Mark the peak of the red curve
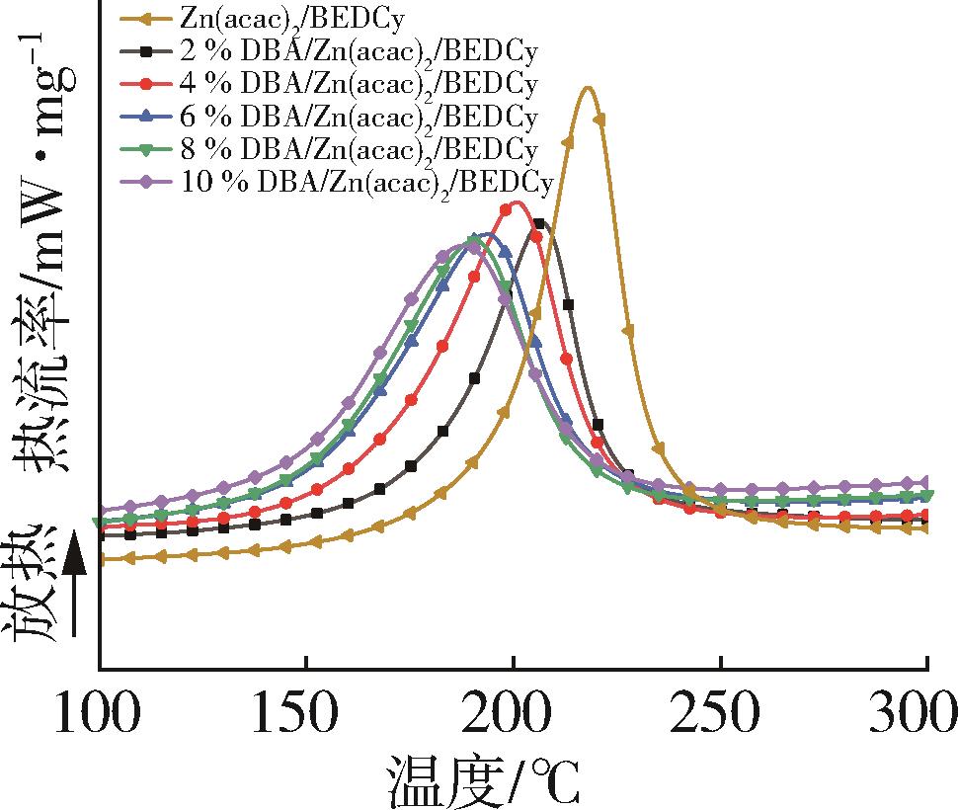point(514,202)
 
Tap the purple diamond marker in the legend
point(145,183)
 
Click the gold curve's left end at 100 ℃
point(102,559)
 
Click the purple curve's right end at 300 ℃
point(926,482)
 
